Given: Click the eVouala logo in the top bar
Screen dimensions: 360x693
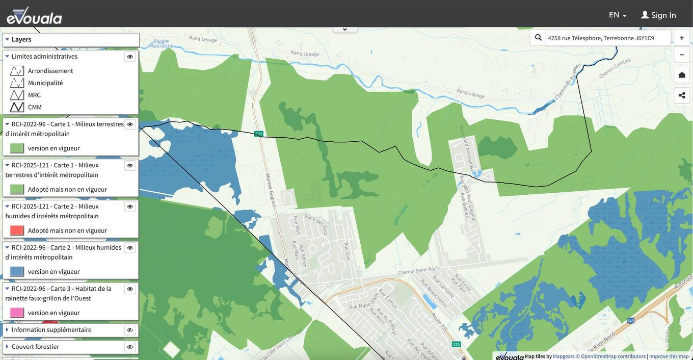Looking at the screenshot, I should coord(34,16).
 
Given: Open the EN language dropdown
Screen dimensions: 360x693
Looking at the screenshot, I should coord(617,15).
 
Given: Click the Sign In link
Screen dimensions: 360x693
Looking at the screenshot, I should coord(658,15).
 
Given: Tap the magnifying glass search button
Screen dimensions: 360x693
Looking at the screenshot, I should coord(538,38).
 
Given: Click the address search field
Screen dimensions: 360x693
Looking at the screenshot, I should coord(607,38).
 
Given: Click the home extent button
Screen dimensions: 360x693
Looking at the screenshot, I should coord(682,75).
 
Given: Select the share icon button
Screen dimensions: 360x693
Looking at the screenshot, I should coord(682,95).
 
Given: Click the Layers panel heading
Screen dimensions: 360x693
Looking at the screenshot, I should coord(21,40).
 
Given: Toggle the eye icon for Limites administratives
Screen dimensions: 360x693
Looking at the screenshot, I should coord(130,57).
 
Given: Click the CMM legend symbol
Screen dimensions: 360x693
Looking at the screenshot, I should coord(17,107).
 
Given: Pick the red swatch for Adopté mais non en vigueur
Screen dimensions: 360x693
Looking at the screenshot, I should coord(17,230).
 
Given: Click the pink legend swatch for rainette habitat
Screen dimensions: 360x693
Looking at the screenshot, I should coord(17,313).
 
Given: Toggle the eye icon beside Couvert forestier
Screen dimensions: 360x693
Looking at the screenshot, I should coord(130,347).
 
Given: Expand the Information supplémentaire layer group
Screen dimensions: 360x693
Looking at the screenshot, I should coord(7,330).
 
